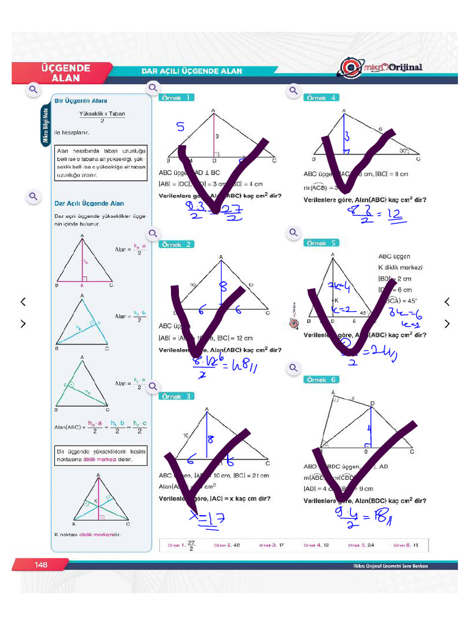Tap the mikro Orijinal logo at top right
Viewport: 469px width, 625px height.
coord(381,68)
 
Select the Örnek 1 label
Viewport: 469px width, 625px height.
coord(176,98)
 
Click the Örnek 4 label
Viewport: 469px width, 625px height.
coord(321,98)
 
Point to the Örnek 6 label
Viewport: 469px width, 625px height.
coord(321,380)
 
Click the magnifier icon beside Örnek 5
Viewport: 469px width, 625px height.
coord(294,233)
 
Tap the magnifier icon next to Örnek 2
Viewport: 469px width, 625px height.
coord(153,233)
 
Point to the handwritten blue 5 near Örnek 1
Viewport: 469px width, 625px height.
coord(180,127)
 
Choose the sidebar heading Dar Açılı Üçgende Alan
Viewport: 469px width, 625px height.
coord(89,203)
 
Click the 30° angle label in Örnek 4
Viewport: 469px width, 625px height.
coord(404,150)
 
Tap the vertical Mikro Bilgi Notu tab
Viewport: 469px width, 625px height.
coord(45,125)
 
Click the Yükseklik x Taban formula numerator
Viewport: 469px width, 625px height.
coord(102,114)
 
